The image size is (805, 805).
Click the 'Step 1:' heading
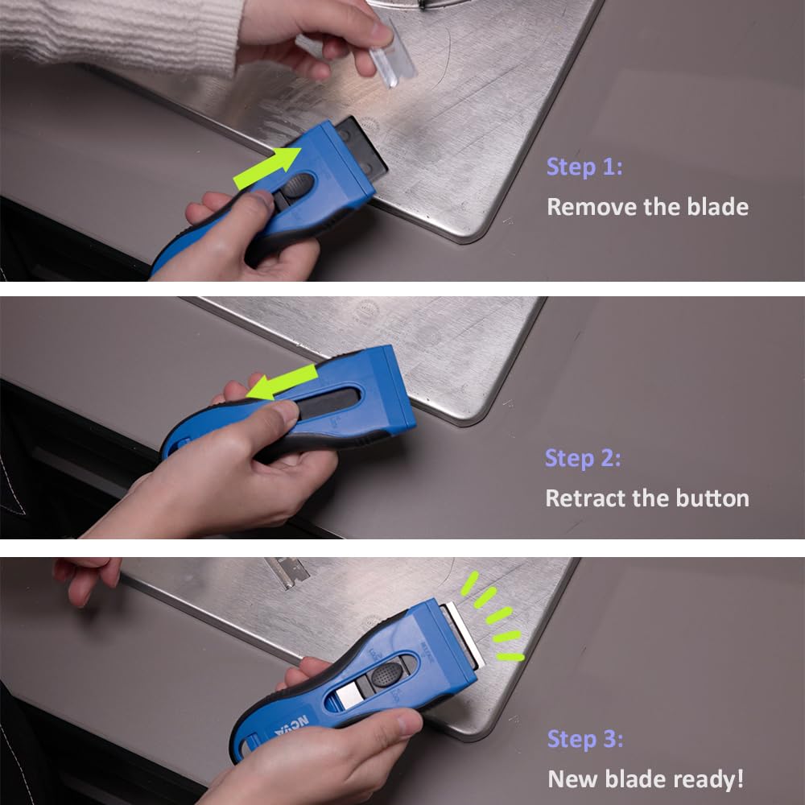584,167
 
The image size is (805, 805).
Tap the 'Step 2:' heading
583,458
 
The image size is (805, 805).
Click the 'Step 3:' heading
585,739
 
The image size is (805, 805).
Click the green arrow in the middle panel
282,381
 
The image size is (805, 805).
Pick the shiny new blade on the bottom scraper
462,635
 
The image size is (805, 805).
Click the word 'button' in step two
708,497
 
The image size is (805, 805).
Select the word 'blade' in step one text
712,207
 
